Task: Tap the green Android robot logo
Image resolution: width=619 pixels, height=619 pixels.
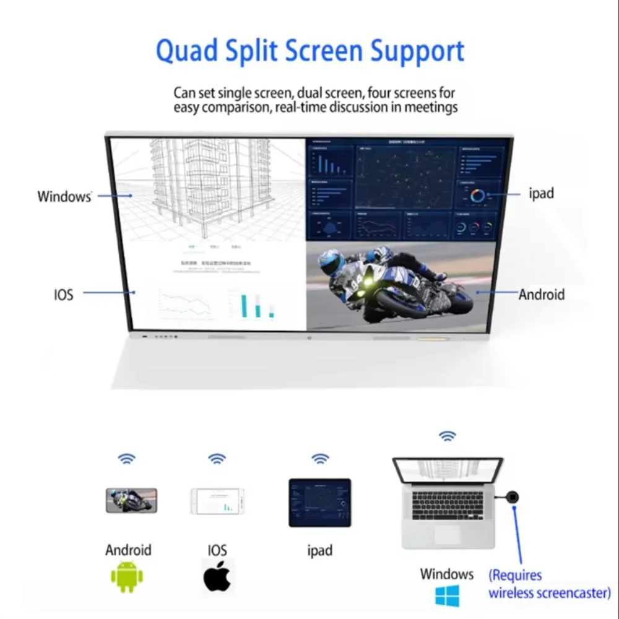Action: (x=127, y=576)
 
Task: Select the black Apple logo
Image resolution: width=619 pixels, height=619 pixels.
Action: (x=217, y=576)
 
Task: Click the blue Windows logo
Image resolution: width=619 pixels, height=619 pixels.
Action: (x=446, y=595)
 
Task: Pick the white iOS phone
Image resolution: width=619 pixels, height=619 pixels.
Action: (x=217, y=501)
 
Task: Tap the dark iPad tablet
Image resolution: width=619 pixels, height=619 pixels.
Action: (x=320, y=502)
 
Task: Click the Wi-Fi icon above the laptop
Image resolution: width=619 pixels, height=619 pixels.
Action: (x=447, y=436)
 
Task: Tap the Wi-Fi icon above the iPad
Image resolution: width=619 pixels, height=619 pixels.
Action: (x=320, y=459)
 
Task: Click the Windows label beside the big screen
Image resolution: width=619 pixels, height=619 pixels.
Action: (x=64, y=197)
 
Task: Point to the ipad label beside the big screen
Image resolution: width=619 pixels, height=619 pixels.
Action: (x=541, y=193)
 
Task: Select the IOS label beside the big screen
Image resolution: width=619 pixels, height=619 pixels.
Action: (x=63, y=294)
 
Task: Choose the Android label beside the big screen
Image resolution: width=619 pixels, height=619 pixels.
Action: (x=542, y=294)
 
